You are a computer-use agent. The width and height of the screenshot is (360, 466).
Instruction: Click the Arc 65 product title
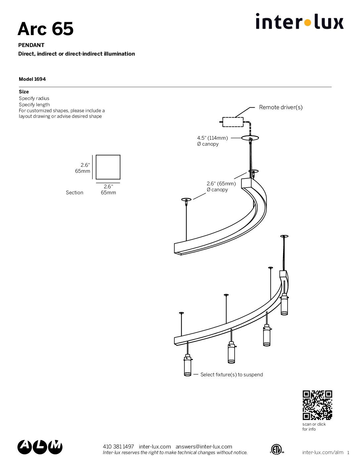(x=45, y=29)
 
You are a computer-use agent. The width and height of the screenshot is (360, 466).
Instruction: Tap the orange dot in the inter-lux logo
(x=307, y=23)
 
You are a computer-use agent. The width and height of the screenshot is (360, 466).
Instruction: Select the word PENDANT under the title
(x=31, y=45)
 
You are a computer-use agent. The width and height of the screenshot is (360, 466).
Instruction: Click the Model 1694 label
(x=32, y=79)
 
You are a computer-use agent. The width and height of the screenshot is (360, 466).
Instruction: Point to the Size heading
(x=24, y=92)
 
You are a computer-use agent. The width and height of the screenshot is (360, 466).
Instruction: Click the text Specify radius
(x=34, y=98)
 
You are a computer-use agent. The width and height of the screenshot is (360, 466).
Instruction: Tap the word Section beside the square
(x=74, y=193)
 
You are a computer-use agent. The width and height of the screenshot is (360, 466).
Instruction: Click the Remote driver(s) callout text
(x=281, y=107)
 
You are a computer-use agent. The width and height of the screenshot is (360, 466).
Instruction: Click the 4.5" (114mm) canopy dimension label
(x=212, y=138)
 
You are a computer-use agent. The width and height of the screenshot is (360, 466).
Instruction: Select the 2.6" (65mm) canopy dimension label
(x=221, y=184)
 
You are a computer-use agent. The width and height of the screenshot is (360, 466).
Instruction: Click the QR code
(x=317, y=405)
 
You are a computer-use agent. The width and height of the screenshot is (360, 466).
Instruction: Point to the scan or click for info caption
(x=314, y=427)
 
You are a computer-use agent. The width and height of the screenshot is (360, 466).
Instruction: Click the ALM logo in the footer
(x=40, y=447)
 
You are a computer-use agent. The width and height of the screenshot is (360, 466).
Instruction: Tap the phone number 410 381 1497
(x=118, y=446)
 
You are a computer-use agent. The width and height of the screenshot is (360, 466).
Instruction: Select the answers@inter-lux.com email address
(x=204, y=446)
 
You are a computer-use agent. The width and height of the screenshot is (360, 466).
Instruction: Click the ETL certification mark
(x=277, y=449)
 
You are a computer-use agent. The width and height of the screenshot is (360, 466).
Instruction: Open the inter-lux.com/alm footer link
(x=323, y=452)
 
